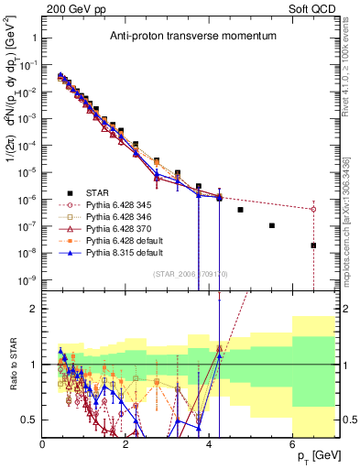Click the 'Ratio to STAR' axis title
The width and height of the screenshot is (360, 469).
(x=10, y=363)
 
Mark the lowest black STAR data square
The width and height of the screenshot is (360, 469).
(x=313, y=245)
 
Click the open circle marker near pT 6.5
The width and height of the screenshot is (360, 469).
(x=313, y=209)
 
